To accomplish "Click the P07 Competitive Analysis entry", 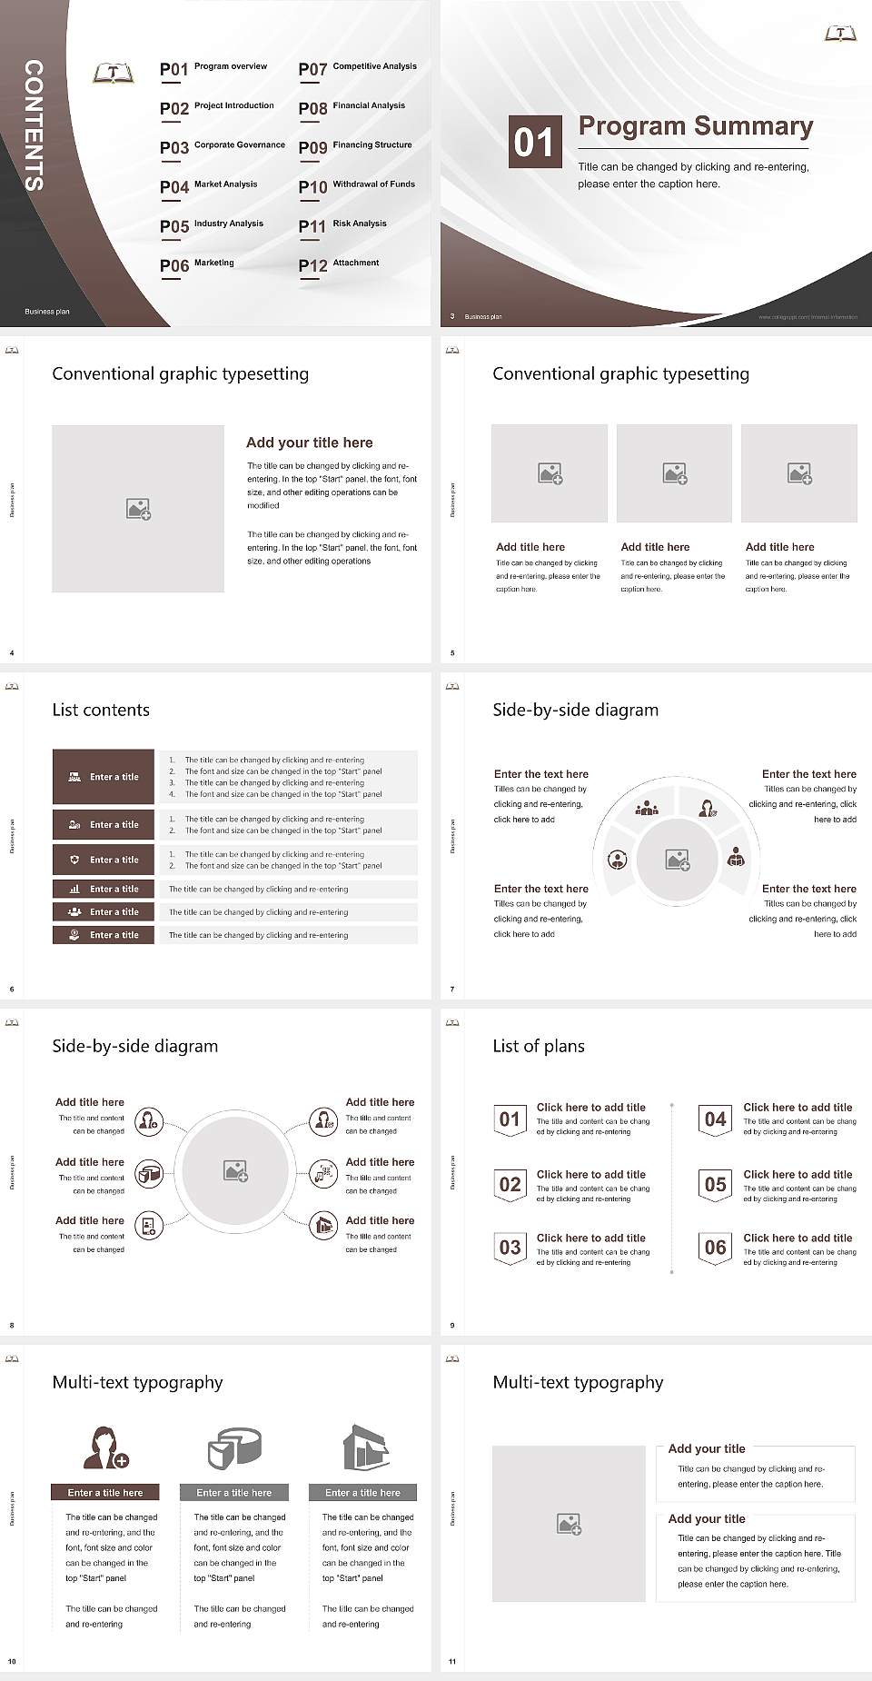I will click(357, 68).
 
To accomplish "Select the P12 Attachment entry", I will click(339, 264).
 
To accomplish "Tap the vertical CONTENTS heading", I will click(34, 125).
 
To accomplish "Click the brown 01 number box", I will click(533, 142).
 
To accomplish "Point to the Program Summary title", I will click(695, 126).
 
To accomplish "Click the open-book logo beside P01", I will click(113, 74).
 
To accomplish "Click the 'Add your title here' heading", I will click(309, 443).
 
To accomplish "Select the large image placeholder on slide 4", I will click(138, 508).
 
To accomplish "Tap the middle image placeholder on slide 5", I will click(674, 473).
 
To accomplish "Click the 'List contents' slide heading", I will click(101, 711).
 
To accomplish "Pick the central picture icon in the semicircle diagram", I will click(678, 860).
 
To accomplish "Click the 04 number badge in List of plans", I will click(716, 1119).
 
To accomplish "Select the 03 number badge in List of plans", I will click(510, 1248).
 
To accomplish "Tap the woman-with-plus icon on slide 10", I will click(105, 1447).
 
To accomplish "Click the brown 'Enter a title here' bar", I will click(105, 1492).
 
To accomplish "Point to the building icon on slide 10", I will click(366, 1447).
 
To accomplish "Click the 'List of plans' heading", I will click(539, 1047).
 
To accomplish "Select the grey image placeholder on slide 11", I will click(569, 1524).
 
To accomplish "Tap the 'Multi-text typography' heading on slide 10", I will click(137, 1383).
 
